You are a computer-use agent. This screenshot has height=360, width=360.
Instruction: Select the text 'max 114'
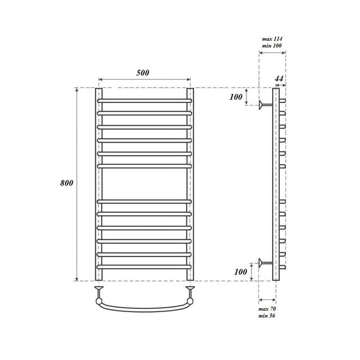coord(272,39)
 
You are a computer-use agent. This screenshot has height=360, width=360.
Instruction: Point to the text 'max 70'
coord(268,309)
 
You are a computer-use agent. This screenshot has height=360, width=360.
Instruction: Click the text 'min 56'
coord(268,318)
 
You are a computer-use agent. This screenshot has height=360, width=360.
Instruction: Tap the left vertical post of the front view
coord(99,183)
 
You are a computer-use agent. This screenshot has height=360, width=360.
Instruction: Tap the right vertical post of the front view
coord(189,183)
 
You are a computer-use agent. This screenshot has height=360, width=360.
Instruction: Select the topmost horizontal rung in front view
coord(144,100)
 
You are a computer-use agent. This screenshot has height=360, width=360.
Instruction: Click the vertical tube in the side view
coord(275,183)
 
